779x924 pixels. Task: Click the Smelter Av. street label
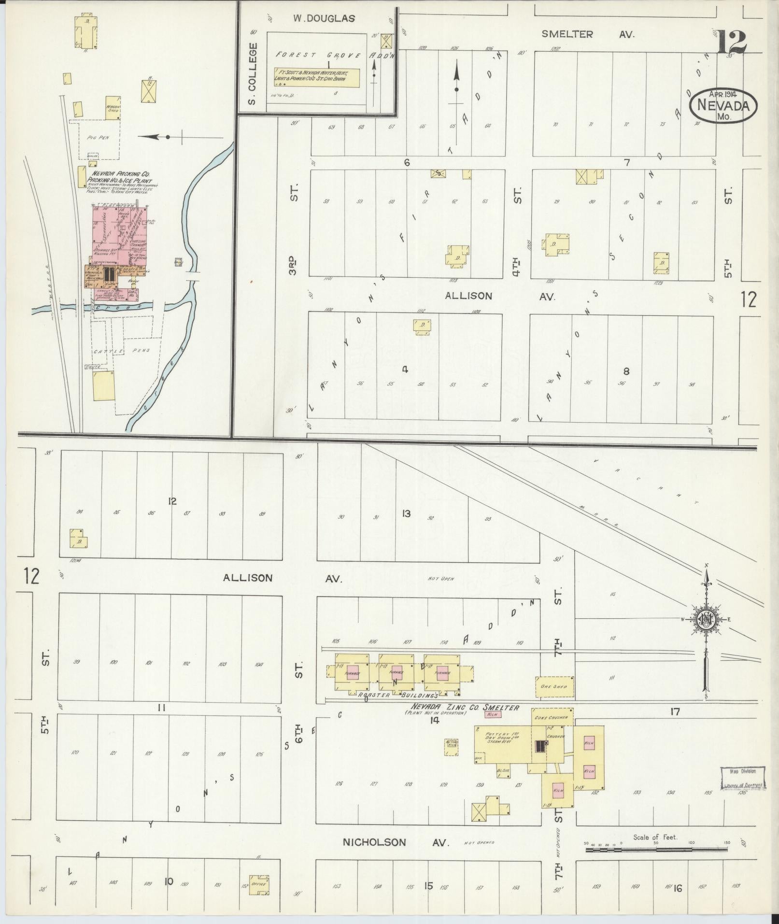tap(587, 34)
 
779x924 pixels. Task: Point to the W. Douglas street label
tap(324, 19)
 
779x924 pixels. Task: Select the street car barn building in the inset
tap(317, 78)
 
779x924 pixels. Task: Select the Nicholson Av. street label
tap(396, 842)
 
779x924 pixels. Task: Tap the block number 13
tap(406, 513)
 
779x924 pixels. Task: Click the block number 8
tap(626, 371)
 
